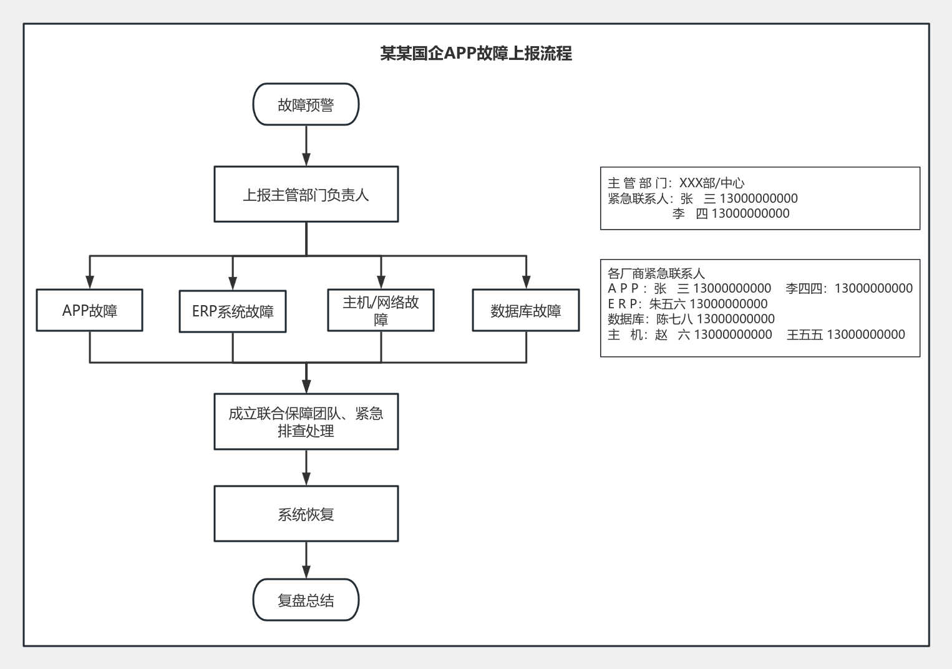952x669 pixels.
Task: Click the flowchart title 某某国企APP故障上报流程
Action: coord(476,54)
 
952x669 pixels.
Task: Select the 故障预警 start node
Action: coord(306,104)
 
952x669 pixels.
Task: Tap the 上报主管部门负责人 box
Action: coord(306,194)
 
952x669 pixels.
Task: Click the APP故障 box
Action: coord(90,310)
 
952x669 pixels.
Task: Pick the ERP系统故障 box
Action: coord(233,311)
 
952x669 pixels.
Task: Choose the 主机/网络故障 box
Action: coord(381,310)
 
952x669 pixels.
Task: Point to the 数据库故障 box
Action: coord(526,310)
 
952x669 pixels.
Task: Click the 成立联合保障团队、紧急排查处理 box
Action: coord(306,422)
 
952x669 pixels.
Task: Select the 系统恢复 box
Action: coord(306,514)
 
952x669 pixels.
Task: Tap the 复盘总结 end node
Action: coord(306,600)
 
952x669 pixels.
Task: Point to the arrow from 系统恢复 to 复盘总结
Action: coord(306,560)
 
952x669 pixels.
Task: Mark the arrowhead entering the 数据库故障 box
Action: coord(526,283)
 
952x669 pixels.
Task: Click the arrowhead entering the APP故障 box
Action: coord(90,283)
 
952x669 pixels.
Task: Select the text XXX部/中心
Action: coord(712,183)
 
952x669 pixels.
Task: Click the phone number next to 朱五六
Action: coord(729,304)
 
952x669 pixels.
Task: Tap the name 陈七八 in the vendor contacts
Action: coord(674,319)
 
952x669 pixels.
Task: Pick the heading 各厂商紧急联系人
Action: coord(656,273)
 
